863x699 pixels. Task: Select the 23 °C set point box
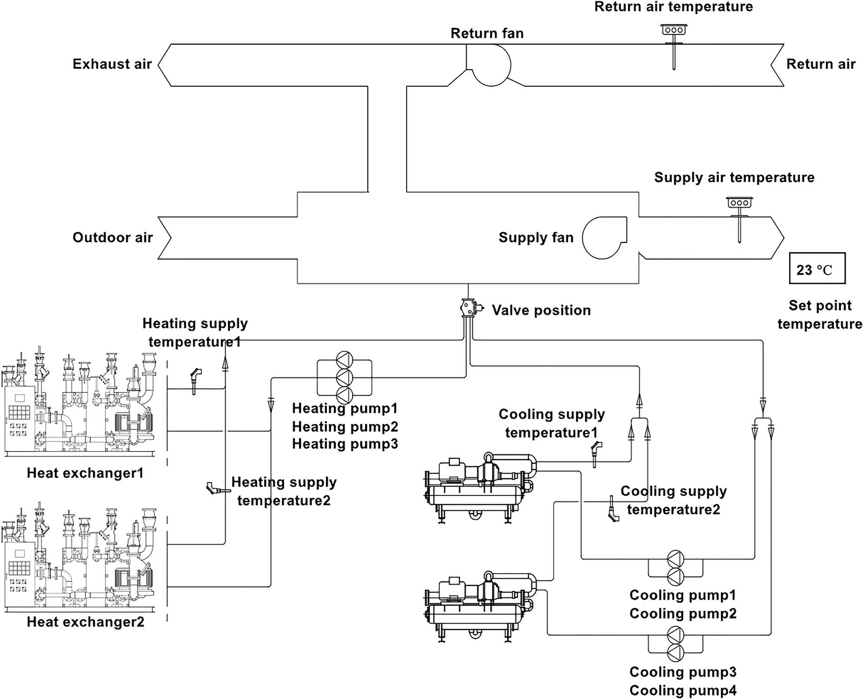coord(817,268)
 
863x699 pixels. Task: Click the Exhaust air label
coord(112,64)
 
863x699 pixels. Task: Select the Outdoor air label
coord(113,238)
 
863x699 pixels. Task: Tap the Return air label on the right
coord(821,64)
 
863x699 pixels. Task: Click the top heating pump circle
coord(344,360)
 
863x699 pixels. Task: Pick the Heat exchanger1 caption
coord(85,473)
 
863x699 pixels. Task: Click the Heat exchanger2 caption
coord(85,622)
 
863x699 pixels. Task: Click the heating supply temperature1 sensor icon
coord(195,379)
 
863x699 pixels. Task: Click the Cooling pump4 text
coord(683,690)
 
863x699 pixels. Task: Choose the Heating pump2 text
coord(345,426)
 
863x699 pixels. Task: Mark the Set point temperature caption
coord(819,315)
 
